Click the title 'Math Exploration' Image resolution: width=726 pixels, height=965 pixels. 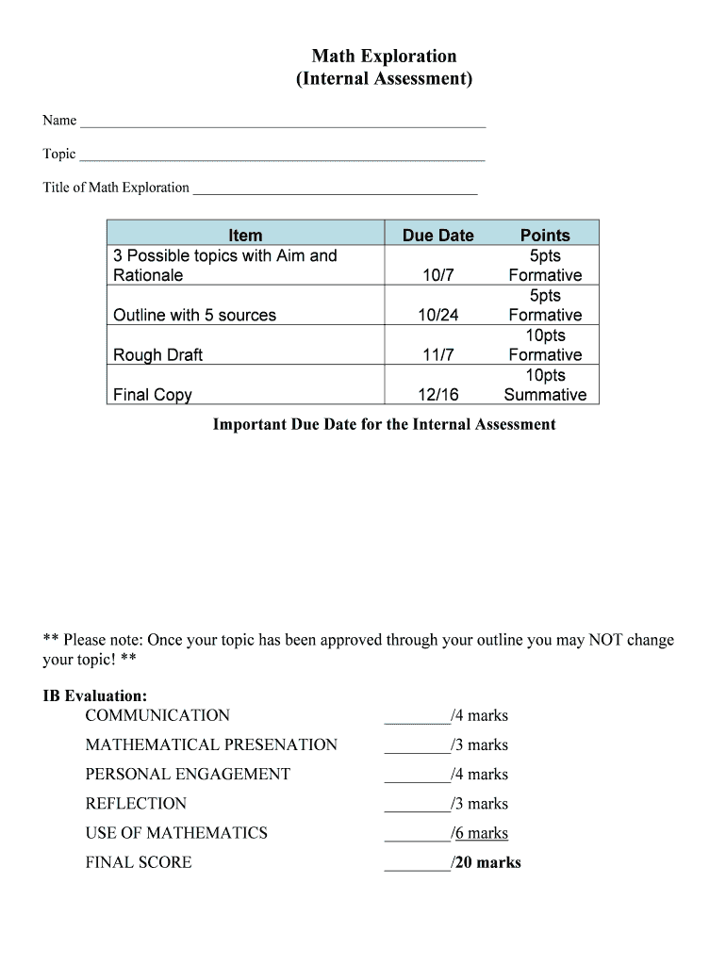tap(384, 57)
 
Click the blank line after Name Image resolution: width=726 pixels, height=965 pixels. tap(283, 123)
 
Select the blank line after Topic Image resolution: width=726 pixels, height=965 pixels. tap(282, 156)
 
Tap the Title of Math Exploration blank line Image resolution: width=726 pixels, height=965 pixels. tap(335, 189)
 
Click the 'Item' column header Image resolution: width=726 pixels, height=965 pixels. tap(245, 235)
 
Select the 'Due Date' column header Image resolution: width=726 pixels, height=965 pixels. tap(437, 235)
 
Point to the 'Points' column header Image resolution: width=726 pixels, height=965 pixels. tap(545, 235)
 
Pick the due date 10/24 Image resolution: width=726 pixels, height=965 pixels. tap(437, 315)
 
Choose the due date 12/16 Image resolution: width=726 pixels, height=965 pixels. tap(437, 395)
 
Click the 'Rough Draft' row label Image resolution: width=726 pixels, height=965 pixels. tap(157, 355)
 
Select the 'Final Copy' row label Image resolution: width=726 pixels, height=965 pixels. tap(152, 395)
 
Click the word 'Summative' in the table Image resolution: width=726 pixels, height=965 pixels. tap(545, 395)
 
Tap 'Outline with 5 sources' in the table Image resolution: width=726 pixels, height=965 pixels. tap(194, 315)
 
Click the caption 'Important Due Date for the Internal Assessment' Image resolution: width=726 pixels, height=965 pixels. tap(384, 424)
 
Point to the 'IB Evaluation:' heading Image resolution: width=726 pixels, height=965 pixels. tap(94, 696)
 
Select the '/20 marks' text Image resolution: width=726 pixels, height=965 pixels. tap(486, 862)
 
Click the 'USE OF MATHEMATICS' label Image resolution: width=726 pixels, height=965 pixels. tap(176, 833)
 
